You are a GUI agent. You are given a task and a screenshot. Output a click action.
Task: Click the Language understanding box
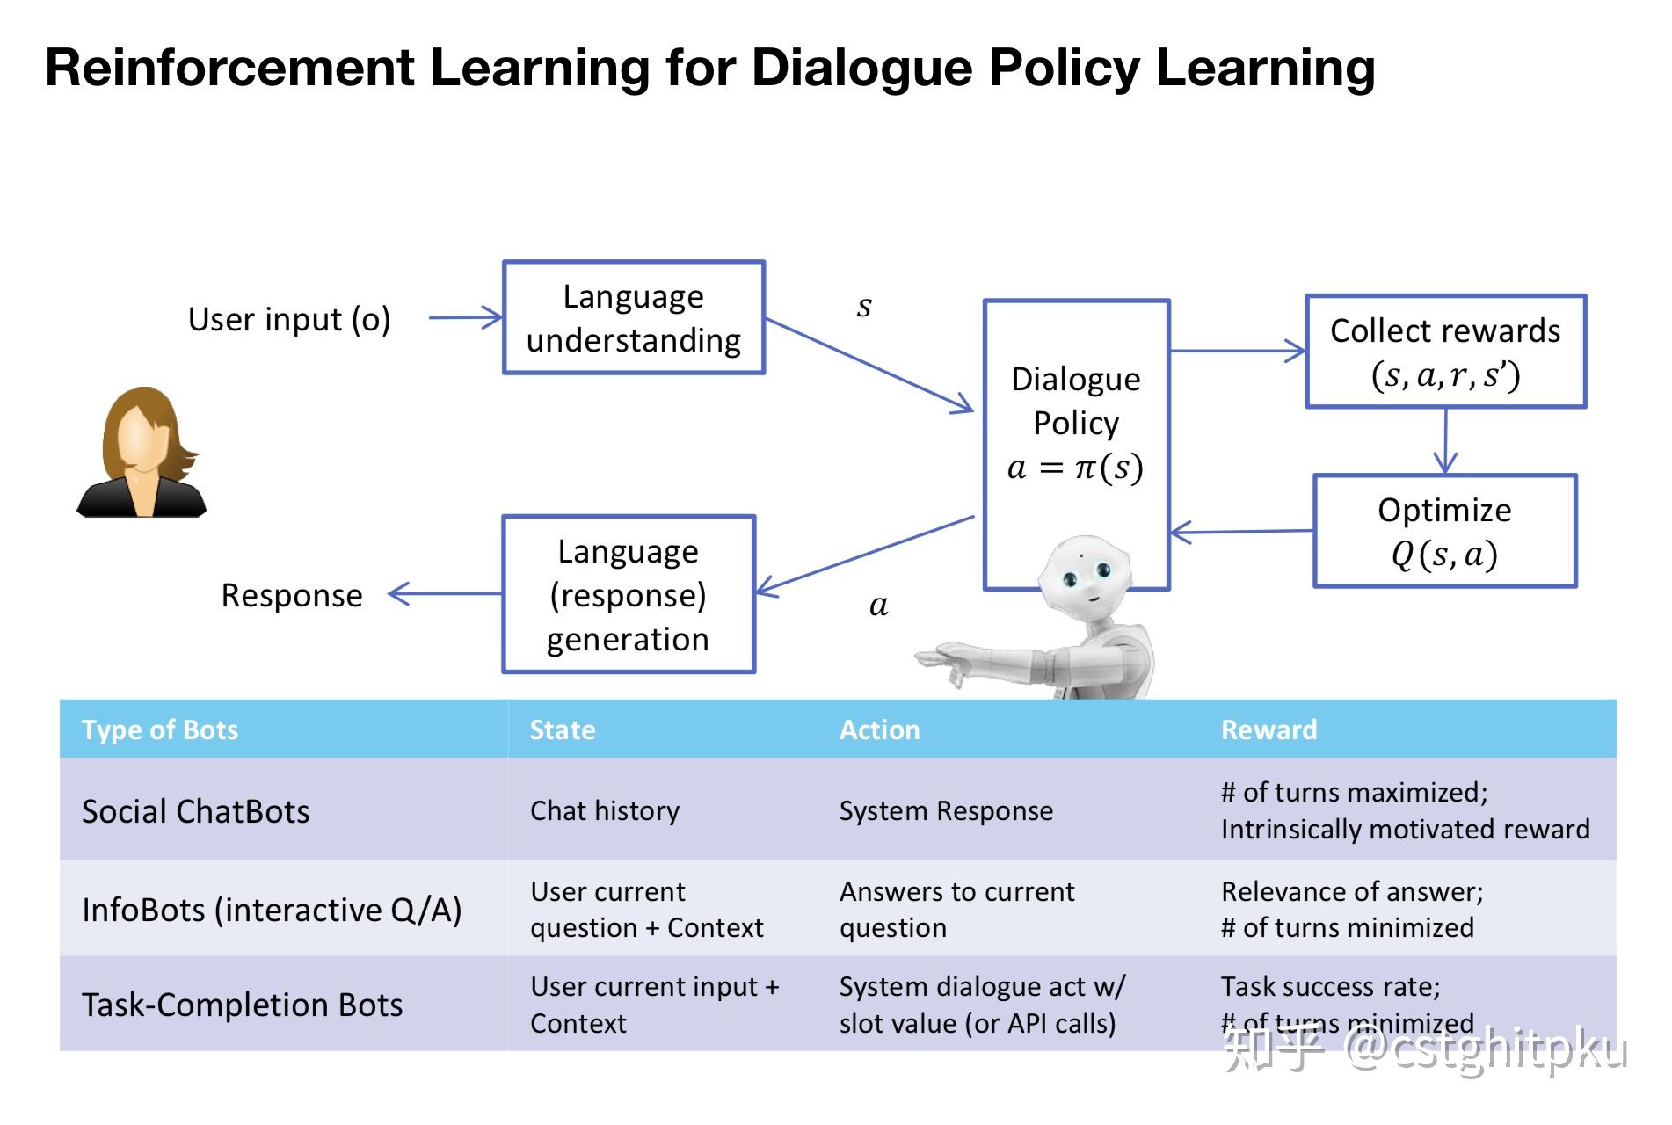(x=633, y=317)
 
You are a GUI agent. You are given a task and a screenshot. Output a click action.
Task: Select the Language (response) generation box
(x=628, y=594)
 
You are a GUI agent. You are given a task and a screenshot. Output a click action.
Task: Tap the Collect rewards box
(x=1445, y=352)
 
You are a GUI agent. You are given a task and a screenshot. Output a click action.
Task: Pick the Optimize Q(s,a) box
(x=1444, y=531)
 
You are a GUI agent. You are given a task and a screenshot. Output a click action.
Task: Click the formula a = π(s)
(x=1075, y=468)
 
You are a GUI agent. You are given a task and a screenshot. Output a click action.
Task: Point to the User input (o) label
(x=289, y=319)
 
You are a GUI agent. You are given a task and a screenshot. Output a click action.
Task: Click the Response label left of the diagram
(x=292, y=595)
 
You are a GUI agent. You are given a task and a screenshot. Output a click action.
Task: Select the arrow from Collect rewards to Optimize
(x=1445, y=441)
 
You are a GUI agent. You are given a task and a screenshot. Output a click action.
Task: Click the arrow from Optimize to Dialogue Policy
(x=1241, y=532)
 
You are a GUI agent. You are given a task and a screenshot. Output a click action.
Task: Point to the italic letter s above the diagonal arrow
(x=864, y=306)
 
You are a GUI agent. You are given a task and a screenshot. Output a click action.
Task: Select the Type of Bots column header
(x=160, y=729)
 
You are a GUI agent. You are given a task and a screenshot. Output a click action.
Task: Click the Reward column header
(x=1269, y=729)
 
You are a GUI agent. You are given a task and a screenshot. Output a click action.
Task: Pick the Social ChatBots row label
(x=195, y=810)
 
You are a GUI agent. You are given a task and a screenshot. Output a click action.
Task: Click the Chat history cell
(x=605, y=810)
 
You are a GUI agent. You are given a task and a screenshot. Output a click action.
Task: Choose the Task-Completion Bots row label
(x=242, y=1005)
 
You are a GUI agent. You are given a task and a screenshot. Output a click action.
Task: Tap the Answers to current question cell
(x=956, y=909)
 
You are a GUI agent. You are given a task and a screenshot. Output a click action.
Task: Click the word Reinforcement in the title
(x=229, y=68)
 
